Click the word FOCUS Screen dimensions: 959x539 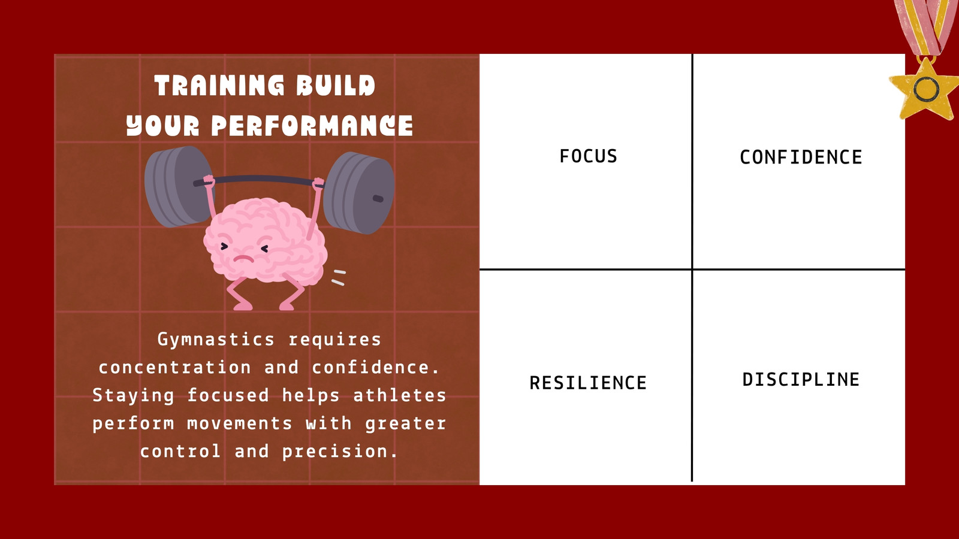pyautogui.click(x=588, y=156)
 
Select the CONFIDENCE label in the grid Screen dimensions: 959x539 pyautogui.click(x=801, y=158)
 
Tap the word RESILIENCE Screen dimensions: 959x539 pyautogui.click(x=588, y=383)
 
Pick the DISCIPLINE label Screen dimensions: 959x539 pyautogui.click(x=801, y=380)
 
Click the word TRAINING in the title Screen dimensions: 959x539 pyautogui.click(x=219, y=85)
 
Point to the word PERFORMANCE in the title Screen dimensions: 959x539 pyautogui.click(x=312, y=126)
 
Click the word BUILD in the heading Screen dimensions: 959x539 pyautogui.click(x=336, y=85)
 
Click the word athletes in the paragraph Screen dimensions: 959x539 pyautogui.click(x=399, y=395)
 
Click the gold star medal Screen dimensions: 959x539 pyautogui.click(x=926, y=89)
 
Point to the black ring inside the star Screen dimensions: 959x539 pyautogui.click(x=927, y=89)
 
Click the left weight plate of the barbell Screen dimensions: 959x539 pyautogui.click(x=177, y=186)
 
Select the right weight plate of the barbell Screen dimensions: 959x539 pyautogui.click(x=359, y=193)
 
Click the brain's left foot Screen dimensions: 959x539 pyautogui.click(x=242, y=305)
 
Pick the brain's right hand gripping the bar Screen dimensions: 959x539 pyautogui.click(x=318, y=184)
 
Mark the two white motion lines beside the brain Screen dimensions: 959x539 pyautogui.click(x=339, y=277)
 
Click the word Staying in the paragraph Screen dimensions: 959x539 pyautogui.click(x=133, y=396)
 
